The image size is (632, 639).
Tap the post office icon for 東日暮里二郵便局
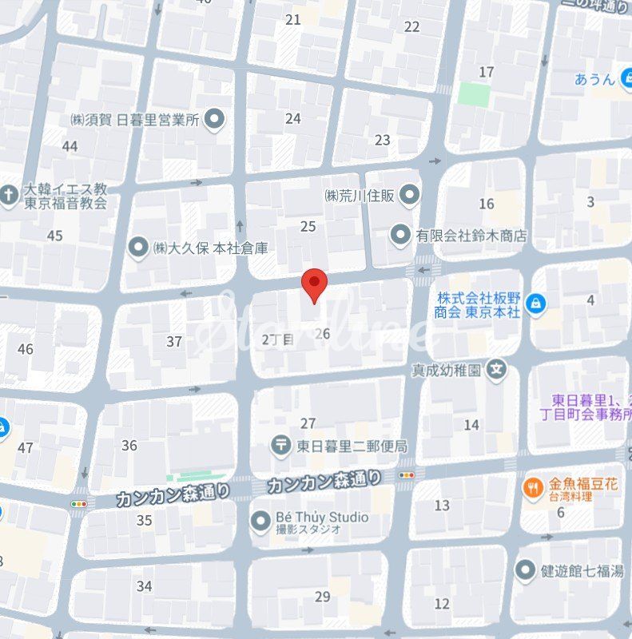(x=280, y=446)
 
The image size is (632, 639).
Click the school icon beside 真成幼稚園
(x=497, y=370)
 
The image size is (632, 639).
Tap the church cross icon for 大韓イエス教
(x=9, y=194)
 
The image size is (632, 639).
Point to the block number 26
(x=323, y=333)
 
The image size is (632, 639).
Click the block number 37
(x=174, y=341)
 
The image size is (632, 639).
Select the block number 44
(x=70, y=146)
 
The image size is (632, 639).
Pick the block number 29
(x=323, y=596)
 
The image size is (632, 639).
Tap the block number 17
(x=486, y=73)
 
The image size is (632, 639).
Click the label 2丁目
(x=278, y=339)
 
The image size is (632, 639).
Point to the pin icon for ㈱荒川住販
(x=410, y=194)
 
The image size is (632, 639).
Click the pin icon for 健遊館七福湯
(x=525, y=570)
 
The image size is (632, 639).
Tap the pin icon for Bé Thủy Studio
(x=260, y=522)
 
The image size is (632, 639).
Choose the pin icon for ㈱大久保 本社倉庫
(x=139, y=248)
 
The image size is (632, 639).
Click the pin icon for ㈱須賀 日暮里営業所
(x=213, y=121)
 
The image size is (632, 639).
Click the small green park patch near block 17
(x=473, y=94)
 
